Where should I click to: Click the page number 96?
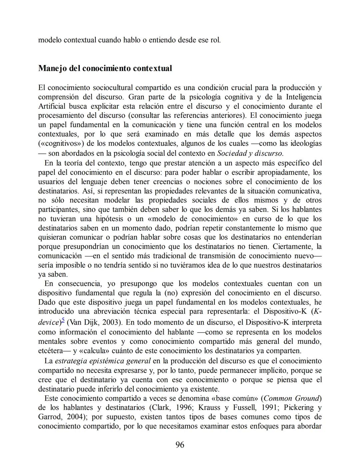click(180, 445)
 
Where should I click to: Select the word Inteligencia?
click(304, 97)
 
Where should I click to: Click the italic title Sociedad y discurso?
click(250, 153)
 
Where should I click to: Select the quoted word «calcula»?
click(95, 351)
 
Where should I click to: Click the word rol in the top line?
click(215, 40)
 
